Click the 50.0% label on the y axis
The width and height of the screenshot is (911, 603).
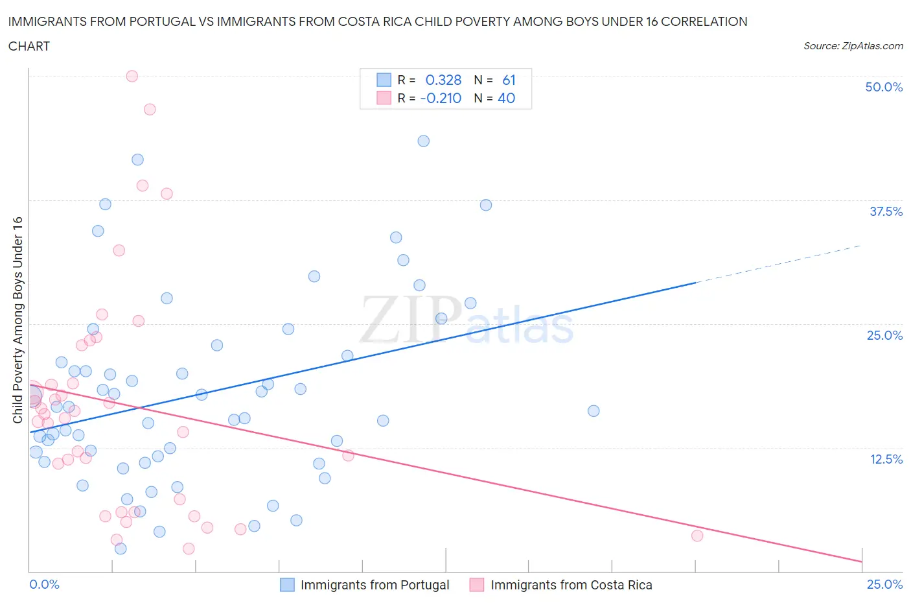click(883, 87)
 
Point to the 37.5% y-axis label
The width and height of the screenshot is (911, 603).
click(886, 211)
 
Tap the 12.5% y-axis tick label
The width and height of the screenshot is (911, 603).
click(886, 459)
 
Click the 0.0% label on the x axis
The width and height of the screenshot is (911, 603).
click(45, 584)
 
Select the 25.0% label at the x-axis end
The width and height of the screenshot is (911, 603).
click(884, 584)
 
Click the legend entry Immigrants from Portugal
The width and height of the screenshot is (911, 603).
click(375, 585)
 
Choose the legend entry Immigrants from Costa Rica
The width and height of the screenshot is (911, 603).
click(571, 585)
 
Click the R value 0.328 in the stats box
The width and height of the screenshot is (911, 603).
click(443, 80)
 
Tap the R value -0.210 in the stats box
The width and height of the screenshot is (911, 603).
click(441, 98)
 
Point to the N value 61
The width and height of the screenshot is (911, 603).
click(509, 80)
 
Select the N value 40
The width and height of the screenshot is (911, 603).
click(506, 98)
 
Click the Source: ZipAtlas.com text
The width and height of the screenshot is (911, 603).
click(853, 45)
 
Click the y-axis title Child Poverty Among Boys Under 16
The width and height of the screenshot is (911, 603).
click(18, 320)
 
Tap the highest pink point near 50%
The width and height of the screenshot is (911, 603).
click(132, 76)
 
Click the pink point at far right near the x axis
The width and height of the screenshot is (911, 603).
click(697, 536)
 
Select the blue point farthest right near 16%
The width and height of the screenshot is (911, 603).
click(594, 410)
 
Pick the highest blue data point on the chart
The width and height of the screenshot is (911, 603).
click(424, 141)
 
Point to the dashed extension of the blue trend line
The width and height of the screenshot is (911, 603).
click(778, 264)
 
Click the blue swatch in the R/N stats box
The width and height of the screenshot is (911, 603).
click(384, 80)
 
